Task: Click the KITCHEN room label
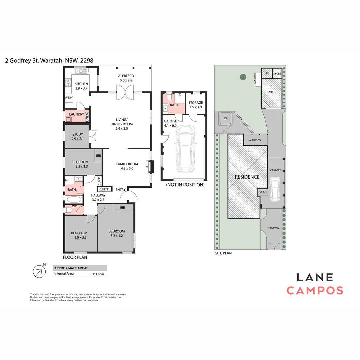pyautogui.click(x=81, y=84)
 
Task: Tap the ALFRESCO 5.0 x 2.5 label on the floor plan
pyautogui.click(x=126, y=78)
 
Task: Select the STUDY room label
pyautogui.click(x=78, y=134)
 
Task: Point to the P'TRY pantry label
pyautogui.click(x=69, y=98)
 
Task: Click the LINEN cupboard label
pyautogui.click(x=87, y=117)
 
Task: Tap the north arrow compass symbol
pyautogui.click(x=39, y=271)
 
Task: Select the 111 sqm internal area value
pyautogui.click(x=98, y=274)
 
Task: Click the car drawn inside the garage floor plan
pyautogui.click(x=186, y=149)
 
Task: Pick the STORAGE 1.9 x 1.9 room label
pyautogui.click(x=196, y=105)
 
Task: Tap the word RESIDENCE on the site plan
pyautogui.click(x=247, y=177)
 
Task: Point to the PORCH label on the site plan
pyautogui.click(x=262, y=192)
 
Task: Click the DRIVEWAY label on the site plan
pyautogui.click(x=273, y=228)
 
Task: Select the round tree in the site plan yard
pyautogui.click(x=243, y=77)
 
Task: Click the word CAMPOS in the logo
pyautogui.click(x=315, y=290)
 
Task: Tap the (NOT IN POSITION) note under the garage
pyautogui.click(x=185, y=185)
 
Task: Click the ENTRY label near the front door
pyautogui.click(x=121, y=190)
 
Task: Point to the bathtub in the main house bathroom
pyautogui.click(x=74, y=199)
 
